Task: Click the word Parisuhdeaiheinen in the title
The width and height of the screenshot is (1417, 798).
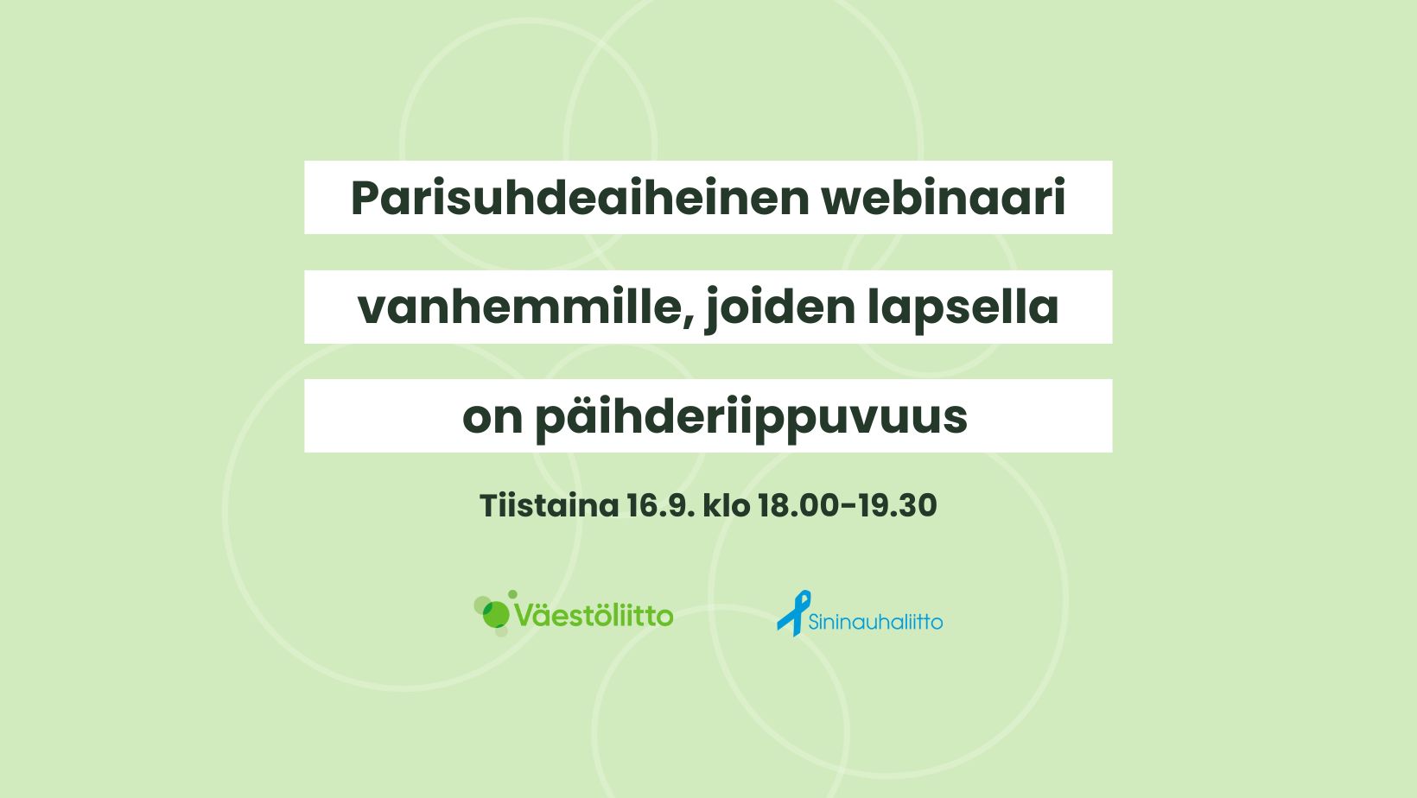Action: (x=580, y=198)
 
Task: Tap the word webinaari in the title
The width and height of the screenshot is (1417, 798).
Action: (x=944, y=198)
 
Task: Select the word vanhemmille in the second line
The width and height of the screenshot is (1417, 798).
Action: (x=525, y=308)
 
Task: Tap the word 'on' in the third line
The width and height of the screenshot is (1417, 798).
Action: (x=492, y=419)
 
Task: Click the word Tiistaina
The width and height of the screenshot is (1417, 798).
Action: (x=550, y=506)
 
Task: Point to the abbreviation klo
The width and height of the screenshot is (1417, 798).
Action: (x=726, y=506)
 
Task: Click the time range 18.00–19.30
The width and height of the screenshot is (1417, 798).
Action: (x=847, y=506)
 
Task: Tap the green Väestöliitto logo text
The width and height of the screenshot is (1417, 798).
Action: (x=594, y=615)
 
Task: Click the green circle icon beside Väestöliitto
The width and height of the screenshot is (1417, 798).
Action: (x=494, y=613)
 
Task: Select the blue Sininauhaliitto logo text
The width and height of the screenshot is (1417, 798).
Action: (x=875, y=622)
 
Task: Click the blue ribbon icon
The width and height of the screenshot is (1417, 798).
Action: (x=794, y=612)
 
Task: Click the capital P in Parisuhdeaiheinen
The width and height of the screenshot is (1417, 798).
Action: (x=367, y=198)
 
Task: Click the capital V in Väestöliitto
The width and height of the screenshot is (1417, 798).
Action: (x=527, y=615)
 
